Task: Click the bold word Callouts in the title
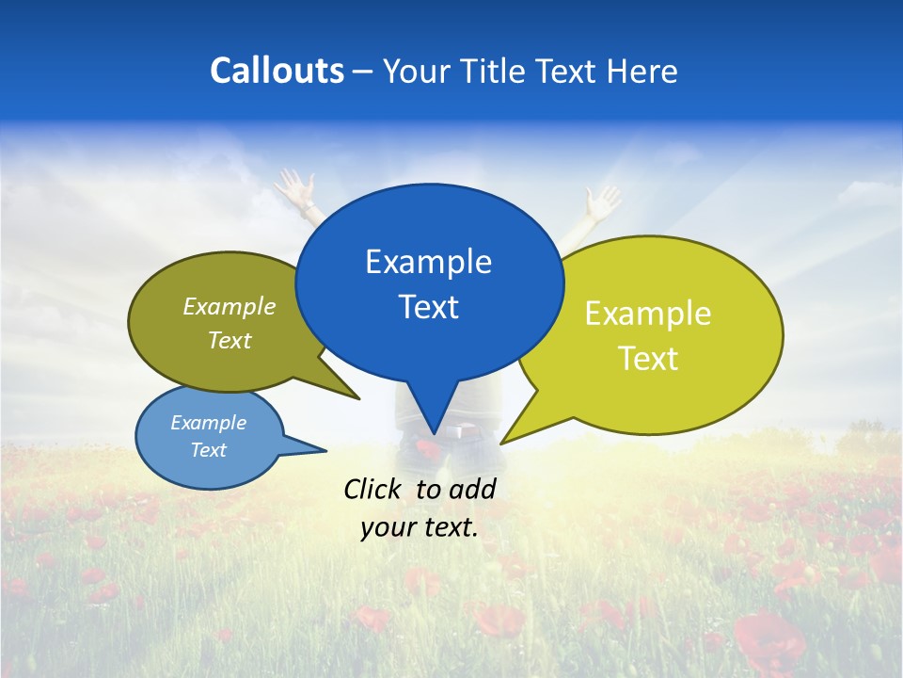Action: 277,71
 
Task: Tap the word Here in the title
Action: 642,72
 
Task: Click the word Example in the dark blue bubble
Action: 428,262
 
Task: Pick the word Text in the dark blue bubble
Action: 428,307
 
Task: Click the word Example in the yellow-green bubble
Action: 648,314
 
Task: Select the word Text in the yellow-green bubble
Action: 648,359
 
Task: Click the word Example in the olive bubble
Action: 229,307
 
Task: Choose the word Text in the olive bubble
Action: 229,341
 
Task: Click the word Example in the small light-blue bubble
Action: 208,423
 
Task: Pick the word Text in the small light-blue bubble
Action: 208,450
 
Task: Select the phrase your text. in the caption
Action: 420,528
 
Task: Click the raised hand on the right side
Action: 601,201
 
